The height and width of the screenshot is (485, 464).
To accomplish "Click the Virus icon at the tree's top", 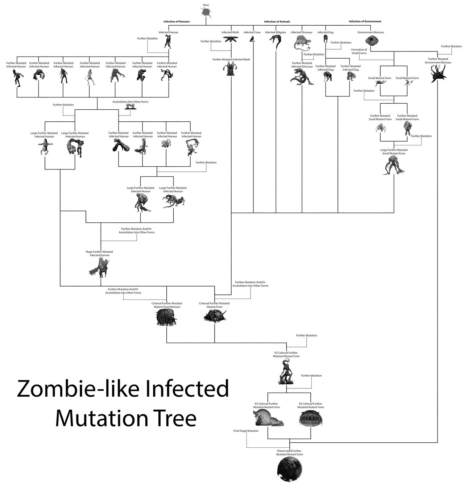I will click(206, 12).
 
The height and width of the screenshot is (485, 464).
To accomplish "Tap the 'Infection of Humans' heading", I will click(177, 22).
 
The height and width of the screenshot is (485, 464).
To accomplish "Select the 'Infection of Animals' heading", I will click(277, 22).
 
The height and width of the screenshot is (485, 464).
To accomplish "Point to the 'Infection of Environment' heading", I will click(365, 22).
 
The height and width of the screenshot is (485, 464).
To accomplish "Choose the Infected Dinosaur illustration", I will click(302, 44).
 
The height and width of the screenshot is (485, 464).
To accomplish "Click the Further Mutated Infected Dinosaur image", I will click(301, 76).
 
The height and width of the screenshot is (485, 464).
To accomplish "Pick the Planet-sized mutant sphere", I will click(290, 470).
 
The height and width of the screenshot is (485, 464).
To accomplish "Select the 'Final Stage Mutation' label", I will click(246, 431).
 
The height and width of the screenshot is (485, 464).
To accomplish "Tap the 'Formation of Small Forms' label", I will click(359, 51).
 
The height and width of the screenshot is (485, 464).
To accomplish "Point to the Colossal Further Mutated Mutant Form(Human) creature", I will click(166, 318).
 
